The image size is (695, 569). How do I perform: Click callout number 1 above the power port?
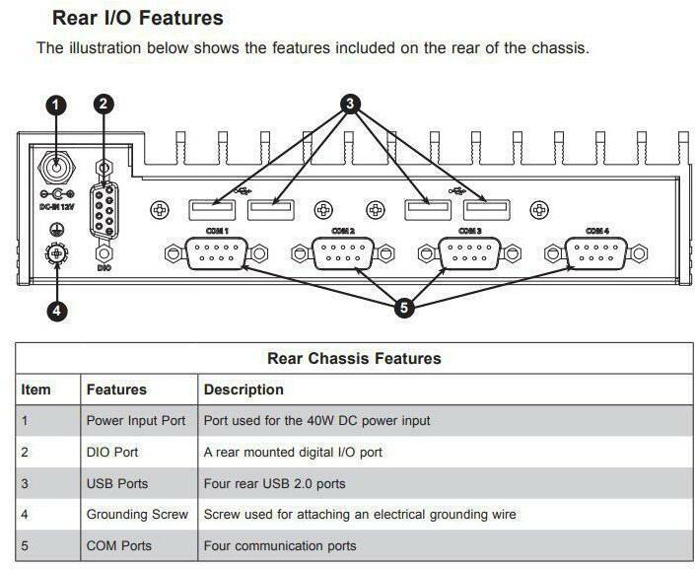pyautogui.click(x=56, y=106)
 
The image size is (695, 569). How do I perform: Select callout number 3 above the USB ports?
pyautogui.click(x=351, y=102)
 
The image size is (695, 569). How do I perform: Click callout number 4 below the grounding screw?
pyautogui.click(x=56, y=310)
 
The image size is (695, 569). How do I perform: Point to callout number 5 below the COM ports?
pyautogui.click(x=402, y=308)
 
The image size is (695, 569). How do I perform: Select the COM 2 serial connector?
pyautogui.click(x=342, y=253)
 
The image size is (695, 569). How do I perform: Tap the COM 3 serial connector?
pyautogui.click(x=468, y=253)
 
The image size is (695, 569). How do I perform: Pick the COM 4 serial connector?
pyautogui.click(x=596, y=253)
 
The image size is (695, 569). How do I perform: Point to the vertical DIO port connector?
pyautogui.click(x=106, y=209)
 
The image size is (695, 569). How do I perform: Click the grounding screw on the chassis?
pyautogui.click(x=56, y=253)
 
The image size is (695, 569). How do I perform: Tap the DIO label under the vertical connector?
pyautogui.click(x=105, y=267)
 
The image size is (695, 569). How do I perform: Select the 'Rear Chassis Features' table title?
pyautogui.click(x=354, y=358)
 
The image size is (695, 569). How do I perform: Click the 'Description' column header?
pyautogui.click(x=243, y=390)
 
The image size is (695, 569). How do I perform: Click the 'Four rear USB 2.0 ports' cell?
pyautogui.click(x=274, y=483)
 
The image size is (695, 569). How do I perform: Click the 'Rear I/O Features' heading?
pyautogui.click(x=137, y=18)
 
